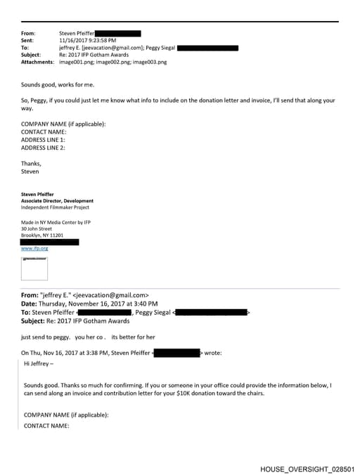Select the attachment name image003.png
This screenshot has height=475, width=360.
149,62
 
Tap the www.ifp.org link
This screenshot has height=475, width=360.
34,248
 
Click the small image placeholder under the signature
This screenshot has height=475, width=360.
34,268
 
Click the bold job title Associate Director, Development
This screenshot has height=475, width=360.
57,201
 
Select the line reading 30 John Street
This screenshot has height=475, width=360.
37,228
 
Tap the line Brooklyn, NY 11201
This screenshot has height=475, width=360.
42,235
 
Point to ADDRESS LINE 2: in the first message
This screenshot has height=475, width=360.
43,148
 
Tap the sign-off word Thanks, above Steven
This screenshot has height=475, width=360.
31,163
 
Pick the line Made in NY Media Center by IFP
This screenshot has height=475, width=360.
55,221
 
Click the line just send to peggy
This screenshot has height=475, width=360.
47,337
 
